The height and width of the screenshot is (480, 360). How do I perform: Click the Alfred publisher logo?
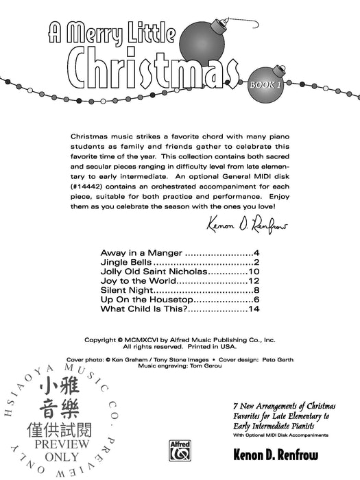point(180,452)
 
